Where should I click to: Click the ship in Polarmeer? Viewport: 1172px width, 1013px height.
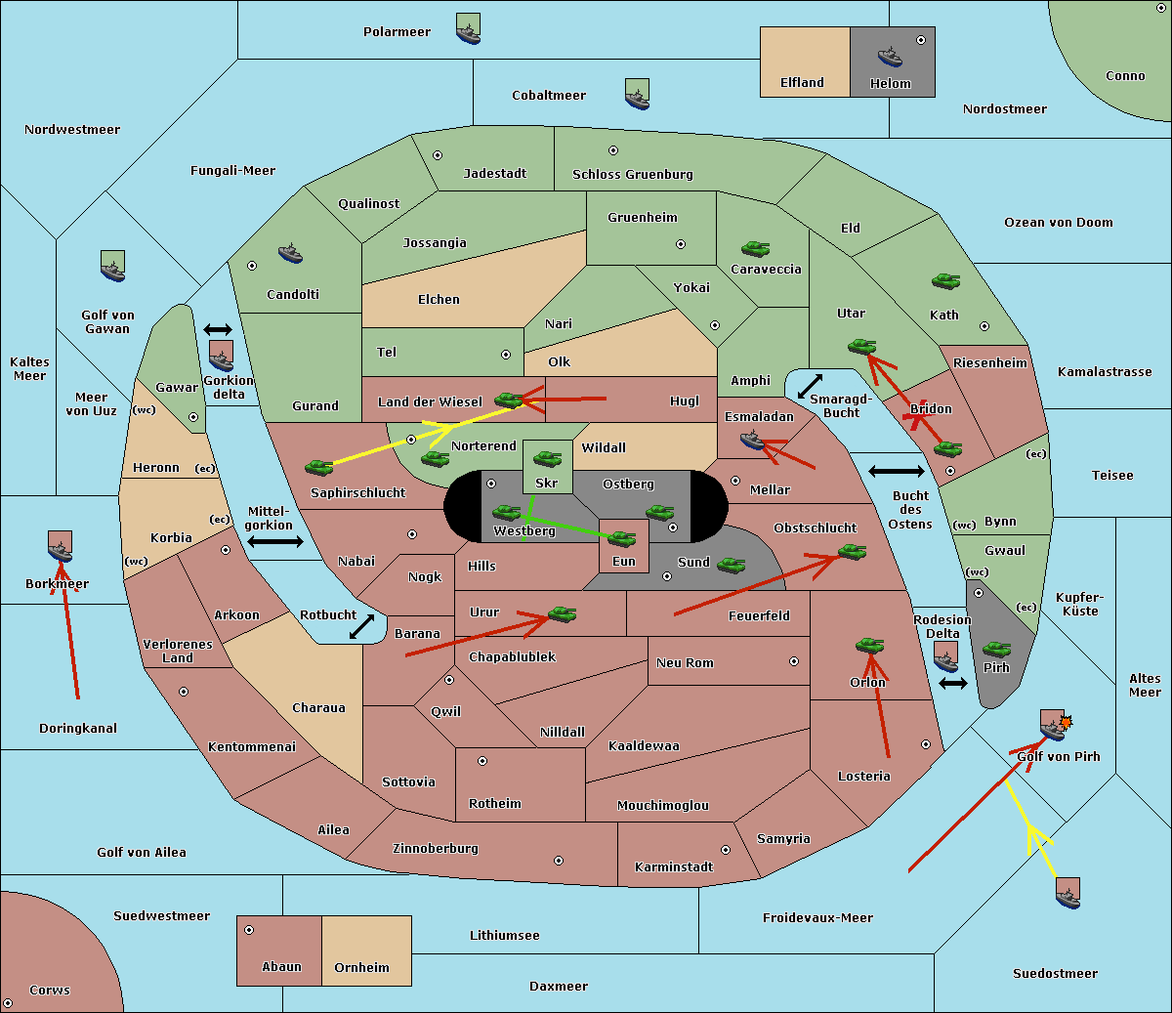[x=469, y=34]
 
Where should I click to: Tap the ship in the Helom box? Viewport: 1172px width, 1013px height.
[x=890, y=57]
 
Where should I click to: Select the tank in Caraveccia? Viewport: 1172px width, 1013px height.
[x=755, y=249]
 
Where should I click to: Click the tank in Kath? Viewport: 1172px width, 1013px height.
[x=945, y=281]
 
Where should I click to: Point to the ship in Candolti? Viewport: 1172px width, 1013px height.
[x=290, y=254]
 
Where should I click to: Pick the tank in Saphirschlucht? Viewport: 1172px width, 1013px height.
[x=319, y=467]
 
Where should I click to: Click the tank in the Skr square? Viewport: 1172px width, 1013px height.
[x=548, y=458]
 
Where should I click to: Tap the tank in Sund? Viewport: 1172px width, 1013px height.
[x=731, y=565]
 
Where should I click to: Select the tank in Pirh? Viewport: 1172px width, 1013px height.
[x=996, y=649]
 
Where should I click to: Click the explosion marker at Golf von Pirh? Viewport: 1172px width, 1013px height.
[x=1066, y=722]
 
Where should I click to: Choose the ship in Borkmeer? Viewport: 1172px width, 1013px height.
[x=61, y=551]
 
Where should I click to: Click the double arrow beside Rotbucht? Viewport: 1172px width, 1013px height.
[x=362, y=626]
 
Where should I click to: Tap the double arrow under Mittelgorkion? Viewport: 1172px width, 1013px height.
[x=275, y=541]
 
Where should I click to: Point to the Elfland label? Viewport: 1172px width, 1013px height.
[x=802, y=83]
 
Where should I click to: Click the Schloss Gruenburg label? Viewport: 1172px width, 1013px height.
[x=633, y=174]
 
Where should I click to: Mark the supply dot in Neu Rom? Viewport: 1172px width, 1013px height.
[x=794, y=661]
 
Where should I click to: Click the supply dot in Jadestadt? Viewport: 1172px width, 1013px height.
[x=438, y=155]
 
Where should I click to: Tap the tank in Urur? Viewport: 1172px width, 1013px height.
[x=562, y=614]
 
